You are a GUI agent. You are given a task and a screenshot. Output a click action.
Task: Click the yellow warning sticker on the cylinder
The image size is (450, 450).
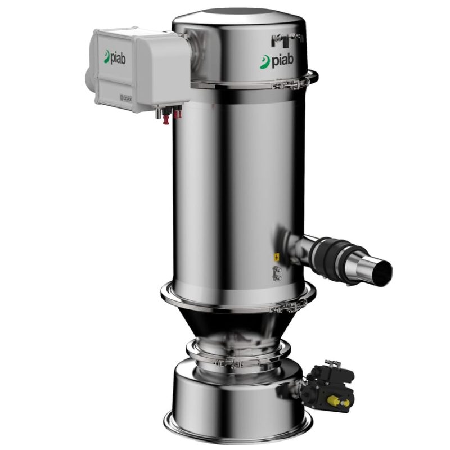tap(277, 256)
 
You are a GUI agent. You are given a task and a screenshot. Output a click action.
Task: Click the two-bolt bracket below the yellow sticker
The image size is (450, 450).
tap(276, 273)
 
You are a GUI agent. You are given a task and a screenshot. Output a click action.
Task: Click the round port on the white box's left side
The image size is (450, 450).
tap(88, 79)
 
